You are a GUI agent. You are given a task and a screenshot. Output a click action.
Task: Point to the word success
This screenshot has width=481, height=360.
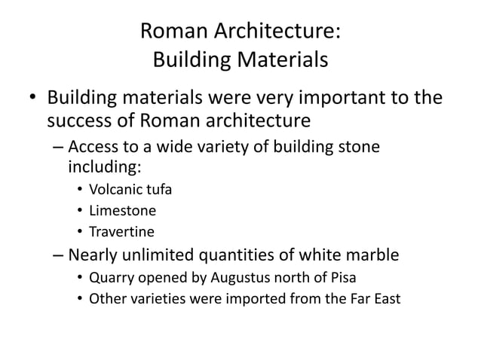click(x=80, y=121)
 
